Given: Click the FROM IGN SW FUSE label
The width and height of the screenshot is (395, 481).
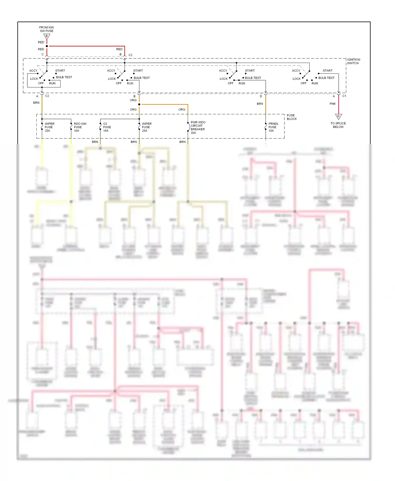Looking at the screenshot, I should [46, 29].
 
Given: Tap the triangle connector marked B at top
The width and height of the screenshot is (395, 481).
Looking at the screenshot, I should [47, 36].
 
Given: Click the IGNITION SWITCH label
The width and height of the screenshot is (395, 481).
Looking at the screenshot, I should [353, 61].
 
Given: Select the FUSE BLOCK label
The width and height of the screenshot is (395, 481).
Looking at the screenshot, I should [292, 117].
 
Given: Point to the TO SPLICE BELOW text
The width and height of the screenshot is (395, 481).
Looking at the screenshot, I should [338, 125].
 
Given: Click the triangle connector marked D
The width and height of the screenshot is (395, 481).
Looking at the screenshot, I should [339, 116].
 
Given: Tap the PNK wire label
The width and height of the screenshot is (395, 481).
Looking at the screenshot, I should [333, 104].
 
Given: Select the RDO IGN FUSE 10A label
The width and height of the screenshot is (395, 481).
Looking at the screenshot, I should [80, 127].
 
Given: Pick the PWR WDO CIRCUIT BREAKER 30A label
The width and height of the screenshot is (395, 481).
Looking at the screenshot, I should [198, 127].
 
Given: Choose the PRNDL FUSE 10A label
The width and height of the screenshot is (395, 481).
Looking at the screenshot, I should [273, 127].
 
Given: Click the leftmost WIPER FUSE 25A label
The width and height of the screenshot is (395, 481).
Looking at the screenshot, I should [49, 127].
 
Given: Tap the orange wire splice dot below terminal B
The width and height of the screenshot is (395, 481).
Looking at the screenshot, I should [139, 104].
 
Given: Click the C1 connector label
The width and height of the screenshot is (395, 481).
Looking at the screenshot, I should [344, 96].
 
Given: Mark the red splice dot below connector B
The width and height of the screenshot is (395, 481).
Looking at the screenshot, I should [47, 46].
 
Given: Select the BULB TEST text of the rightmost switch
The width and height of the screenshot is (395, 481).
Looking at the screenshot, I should [326, 78].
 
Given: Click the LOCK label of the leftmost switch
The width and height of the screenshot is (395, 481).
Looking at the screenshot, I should [34, 79].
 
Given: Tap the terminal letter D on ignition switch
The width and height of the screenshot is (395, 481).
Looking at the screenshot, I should [261, 96].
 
